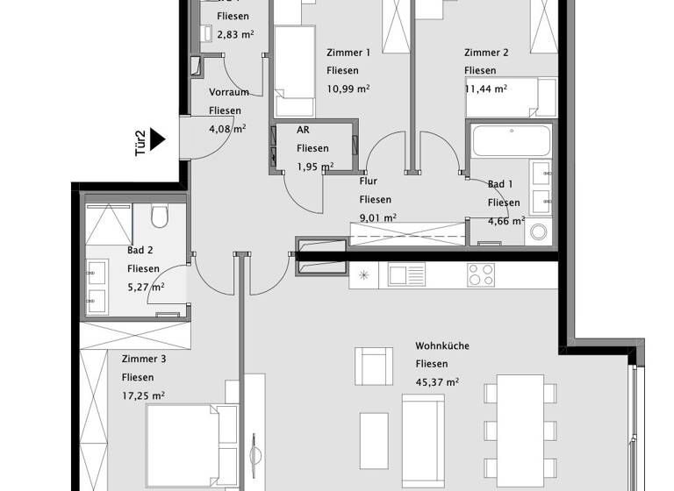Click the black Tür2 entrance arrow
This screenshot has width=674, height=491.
point(157,139)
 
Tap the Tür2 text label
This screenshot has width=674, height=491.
point(139,142)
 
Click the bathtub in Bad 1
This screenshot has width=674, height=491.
point(511,141)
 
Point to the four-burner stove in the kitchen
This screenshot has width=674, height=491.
point(482,274)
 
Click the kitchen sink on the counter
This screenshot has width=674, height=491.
point(406,274)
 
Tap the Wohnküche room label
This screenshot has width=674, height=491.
point(442,345)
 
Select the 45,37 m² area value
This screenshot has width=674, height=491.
point(438,381)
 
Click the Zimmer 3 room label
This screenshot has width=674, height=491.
point(145,359)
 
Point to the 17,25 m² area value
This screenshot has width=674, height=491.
point(144,395)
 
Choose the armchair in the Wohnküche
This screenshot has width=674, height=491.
point(375,363)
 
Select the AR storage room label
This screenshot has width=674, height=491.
point(303,130)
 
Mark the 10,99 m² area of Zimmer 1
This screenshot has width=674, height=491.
point(348,89)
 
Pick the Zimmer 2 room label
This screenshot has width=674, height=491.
point(486,53)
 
